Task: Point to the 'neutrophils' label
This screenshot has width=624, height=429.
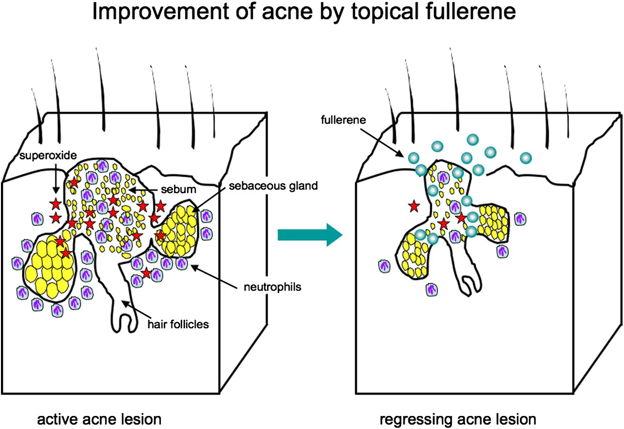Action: coord(272,287)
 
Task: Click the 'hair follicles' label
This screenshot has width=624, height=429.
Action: coord(178,323)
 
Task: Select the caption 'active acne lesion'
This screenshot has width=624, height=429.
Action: coord(99,419)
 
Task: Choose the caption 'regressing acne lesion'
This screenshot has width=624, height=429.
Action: coord(458,419)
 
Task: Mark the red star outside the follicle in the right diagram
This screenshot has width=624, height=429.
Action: coord(413,207)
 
